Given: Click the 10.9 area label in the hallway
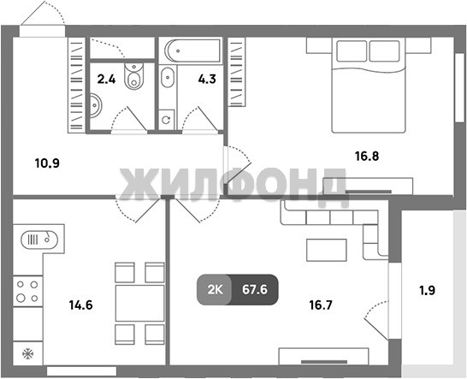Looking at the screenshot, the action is coord(47,163).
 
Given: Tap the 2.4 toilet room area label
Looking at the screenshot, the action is coord(106,80).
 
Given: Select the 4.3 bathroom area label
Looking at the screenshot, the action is coord(207,80).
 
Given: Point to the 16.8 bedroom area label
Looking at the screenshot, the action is coord(367,156).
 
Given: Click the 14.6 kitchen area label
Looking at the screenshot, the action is coord(80,305).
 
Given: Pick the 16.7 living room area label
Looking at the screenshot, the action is coord(321,305).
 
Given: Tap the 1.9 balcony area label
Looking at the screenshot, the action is coord(428,290).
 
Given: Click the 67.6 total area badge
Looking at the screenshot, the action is coord(255,290).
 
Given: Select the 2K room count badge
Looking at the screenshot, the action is coord(215,290).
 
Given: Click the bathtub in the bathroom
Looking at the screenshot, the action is coord(191,50).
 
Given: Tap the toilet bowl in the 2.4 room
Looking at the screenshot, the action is coord(133,75).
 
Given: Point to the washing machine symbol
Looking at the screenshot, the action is coord(166,120).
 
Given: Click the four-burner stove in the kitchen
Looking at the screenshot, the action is coord(27,291).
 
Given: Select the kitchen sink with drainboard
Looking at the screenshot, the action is coord(39,240).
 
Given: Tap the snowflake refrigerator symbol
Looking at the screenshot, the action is coord(27,354).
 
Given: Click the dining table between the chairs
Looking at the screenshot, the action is coord(139,303).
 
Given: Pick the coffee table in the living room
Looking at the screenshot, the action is coord(327,250).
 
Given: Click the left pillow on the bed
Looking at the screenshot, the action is coord(352,51).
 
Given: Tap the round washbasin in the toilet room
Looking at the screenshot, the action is coord(95,105).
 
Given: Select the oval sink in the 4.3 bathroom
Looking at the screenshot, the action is coord(168,78).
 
